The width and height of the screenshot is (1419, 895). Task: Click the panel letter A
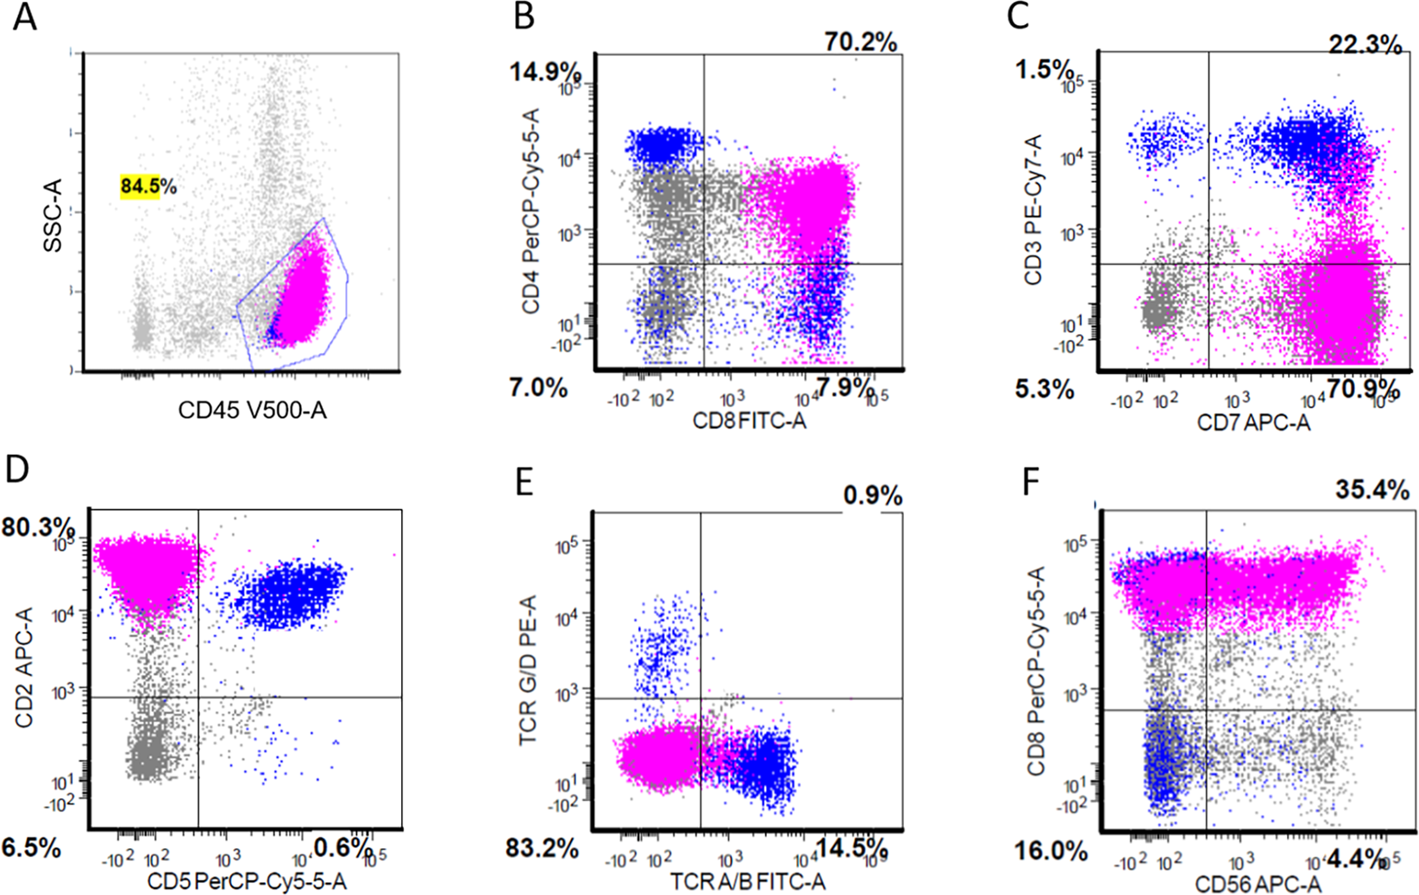tap(25, 17)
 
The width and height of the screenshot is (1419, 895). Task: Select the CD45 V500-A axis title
tap(252, 410)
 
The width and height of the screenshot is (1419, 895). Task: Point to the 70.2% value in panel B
tap(860, 41)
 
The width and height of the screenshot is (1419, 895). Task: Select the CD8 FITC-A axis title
tap(749, 421)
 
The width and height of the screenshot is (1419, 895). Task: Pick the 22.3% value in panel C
tap(1365, 44)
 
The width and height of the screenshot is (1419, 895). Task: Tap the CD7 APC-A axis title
tap(1253, 422)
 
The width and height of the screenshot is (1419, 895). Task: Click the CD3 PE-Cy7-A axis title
tap(1033, 210)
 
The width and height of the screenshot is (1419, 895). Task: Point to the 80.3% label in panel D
tap(37, 527)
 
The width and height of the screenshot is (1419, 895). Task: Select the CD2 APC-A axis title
tap(24, 666)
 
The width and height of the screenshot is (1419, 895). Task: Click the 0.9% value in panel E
tap(873, 496)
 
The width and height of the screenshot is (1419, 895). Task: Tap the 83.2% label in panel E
tap(542, 848)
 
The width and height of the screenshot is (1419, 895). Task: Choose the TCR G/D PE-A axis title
tap(529, 669)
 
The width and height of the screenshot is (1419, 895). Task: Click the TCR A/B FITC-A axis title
tap(748, 881)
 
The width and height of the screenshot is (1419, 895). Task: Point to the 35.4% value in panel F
tap(1372, 490)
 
